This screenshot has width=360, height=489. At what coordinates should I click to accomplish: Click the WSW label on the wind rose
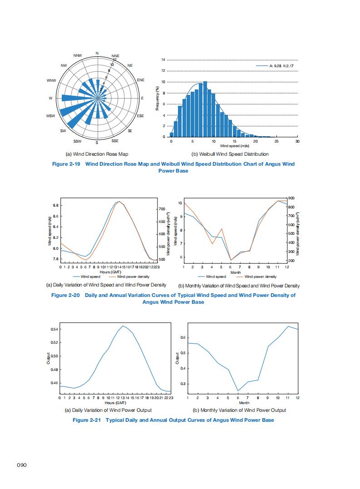pos(50,116)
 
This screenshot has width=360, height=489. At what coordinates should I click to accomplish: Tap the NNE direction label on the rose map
pos(115,56)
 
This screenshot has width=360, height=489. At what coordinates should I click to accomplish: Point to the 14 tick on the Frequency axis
pos(164,60)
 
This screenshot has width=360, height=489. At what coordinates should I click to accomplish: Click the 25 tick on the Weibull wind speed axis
pos(276,142)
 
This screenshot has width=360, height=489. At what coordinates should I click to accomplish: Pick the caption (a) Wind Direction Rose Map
pos(98,154)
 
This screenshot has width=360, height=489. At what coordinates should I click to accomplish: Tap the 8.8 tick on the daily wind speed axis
pos(55,205)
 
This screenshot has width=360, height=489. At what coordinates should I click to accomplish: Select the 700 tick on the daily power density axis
pos(162,209)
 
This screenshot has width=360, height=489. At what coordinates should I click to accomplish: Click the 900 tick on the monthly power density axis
pos(291,198)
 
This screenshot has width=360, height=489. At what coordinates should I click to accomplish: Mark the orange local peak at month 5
pos(222,228)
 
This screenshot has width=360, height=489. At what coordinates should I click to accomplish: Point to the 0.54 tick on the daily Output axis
pos(54,329)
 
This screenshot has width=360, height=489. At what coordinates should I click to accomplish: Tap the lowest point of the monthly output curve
pos(238,391)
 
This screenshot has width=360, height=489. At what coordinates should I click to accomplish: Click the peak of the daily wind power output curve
pos(123,326)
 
